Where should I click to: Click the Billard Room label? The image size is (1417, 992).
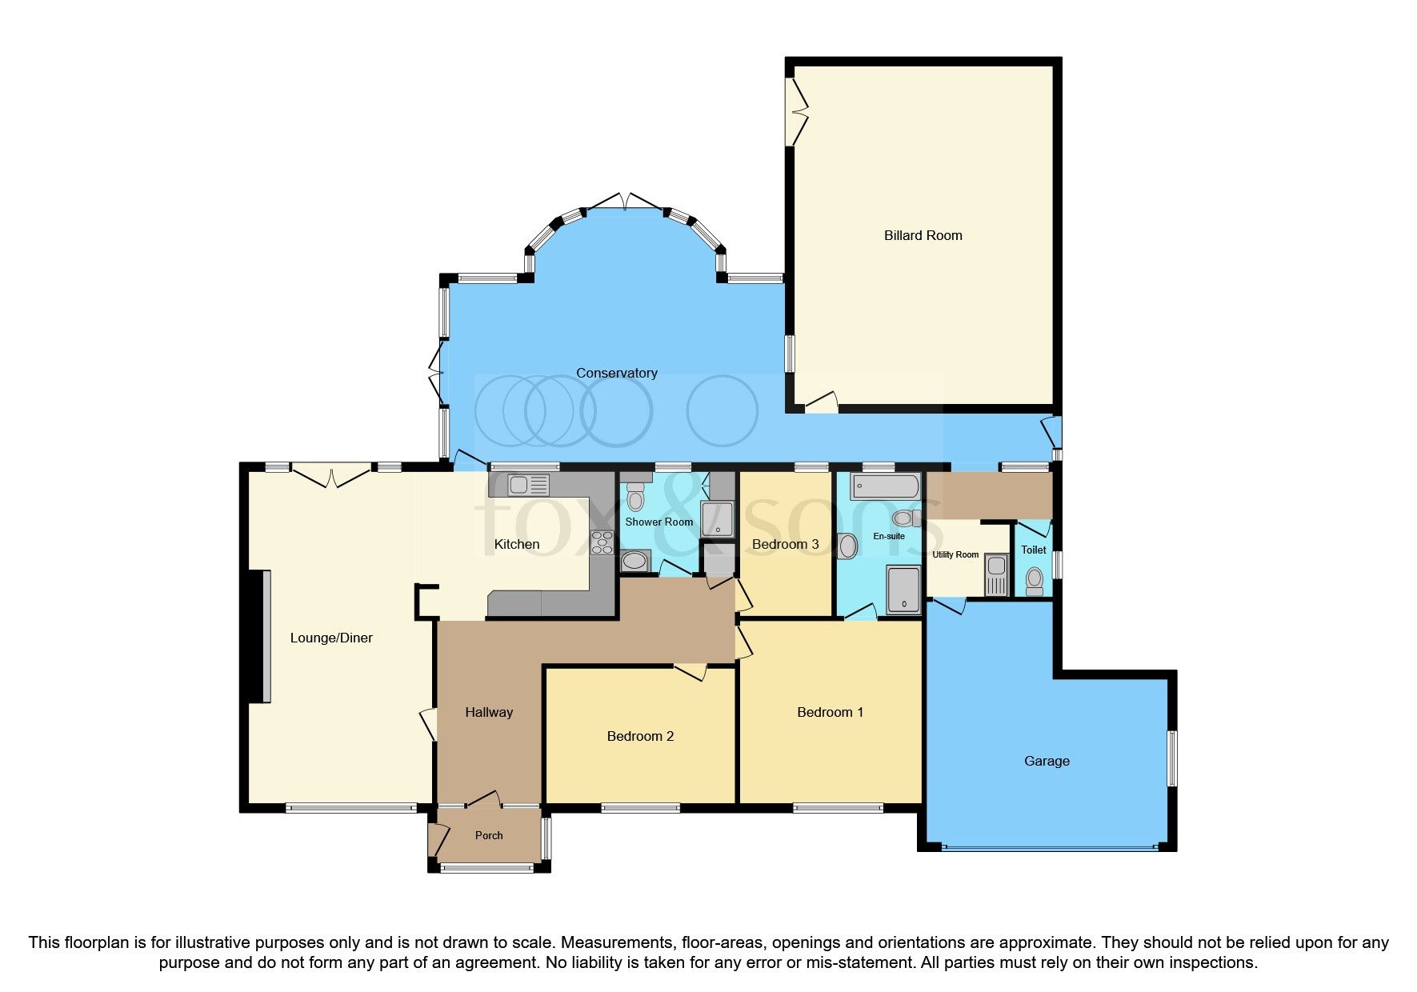[x=923, y=235]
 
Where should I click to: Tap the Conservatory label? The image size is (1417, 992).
[x=616, y=373]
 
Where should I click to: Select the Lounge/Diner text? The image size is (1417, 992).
[x=331, y=638]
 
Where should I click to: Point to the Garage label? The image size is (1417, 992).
[x=1047, y=761]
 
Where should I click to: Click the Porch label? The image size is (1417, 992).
[x=489, y=835]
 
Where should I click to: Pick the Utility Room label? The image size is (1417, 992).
[x=955, y=554]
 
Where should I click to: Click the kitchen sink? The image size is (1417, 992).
[x=528, y=485]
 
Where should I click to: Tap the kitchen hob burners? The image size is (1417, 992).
[x=602, y=542]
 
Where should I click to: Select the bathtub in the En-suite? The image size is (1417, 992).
[x=885, y=486]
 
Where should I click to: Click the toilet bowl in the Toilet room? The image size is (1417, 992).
[x=1035, y=579]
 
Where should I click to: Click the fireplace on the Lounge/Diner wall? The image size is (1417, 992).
[x=262, y=636]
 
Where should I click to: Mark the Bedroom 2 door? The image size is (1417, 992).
[x=690, y=671]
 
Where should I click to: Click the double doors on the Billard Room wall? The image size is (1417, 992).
[x=796, y=112]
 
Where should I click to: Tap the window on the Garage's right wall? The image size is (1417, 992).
[x=1172, y=758]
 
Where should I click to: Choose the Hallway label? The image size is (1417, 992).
[x=489, y=712]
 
